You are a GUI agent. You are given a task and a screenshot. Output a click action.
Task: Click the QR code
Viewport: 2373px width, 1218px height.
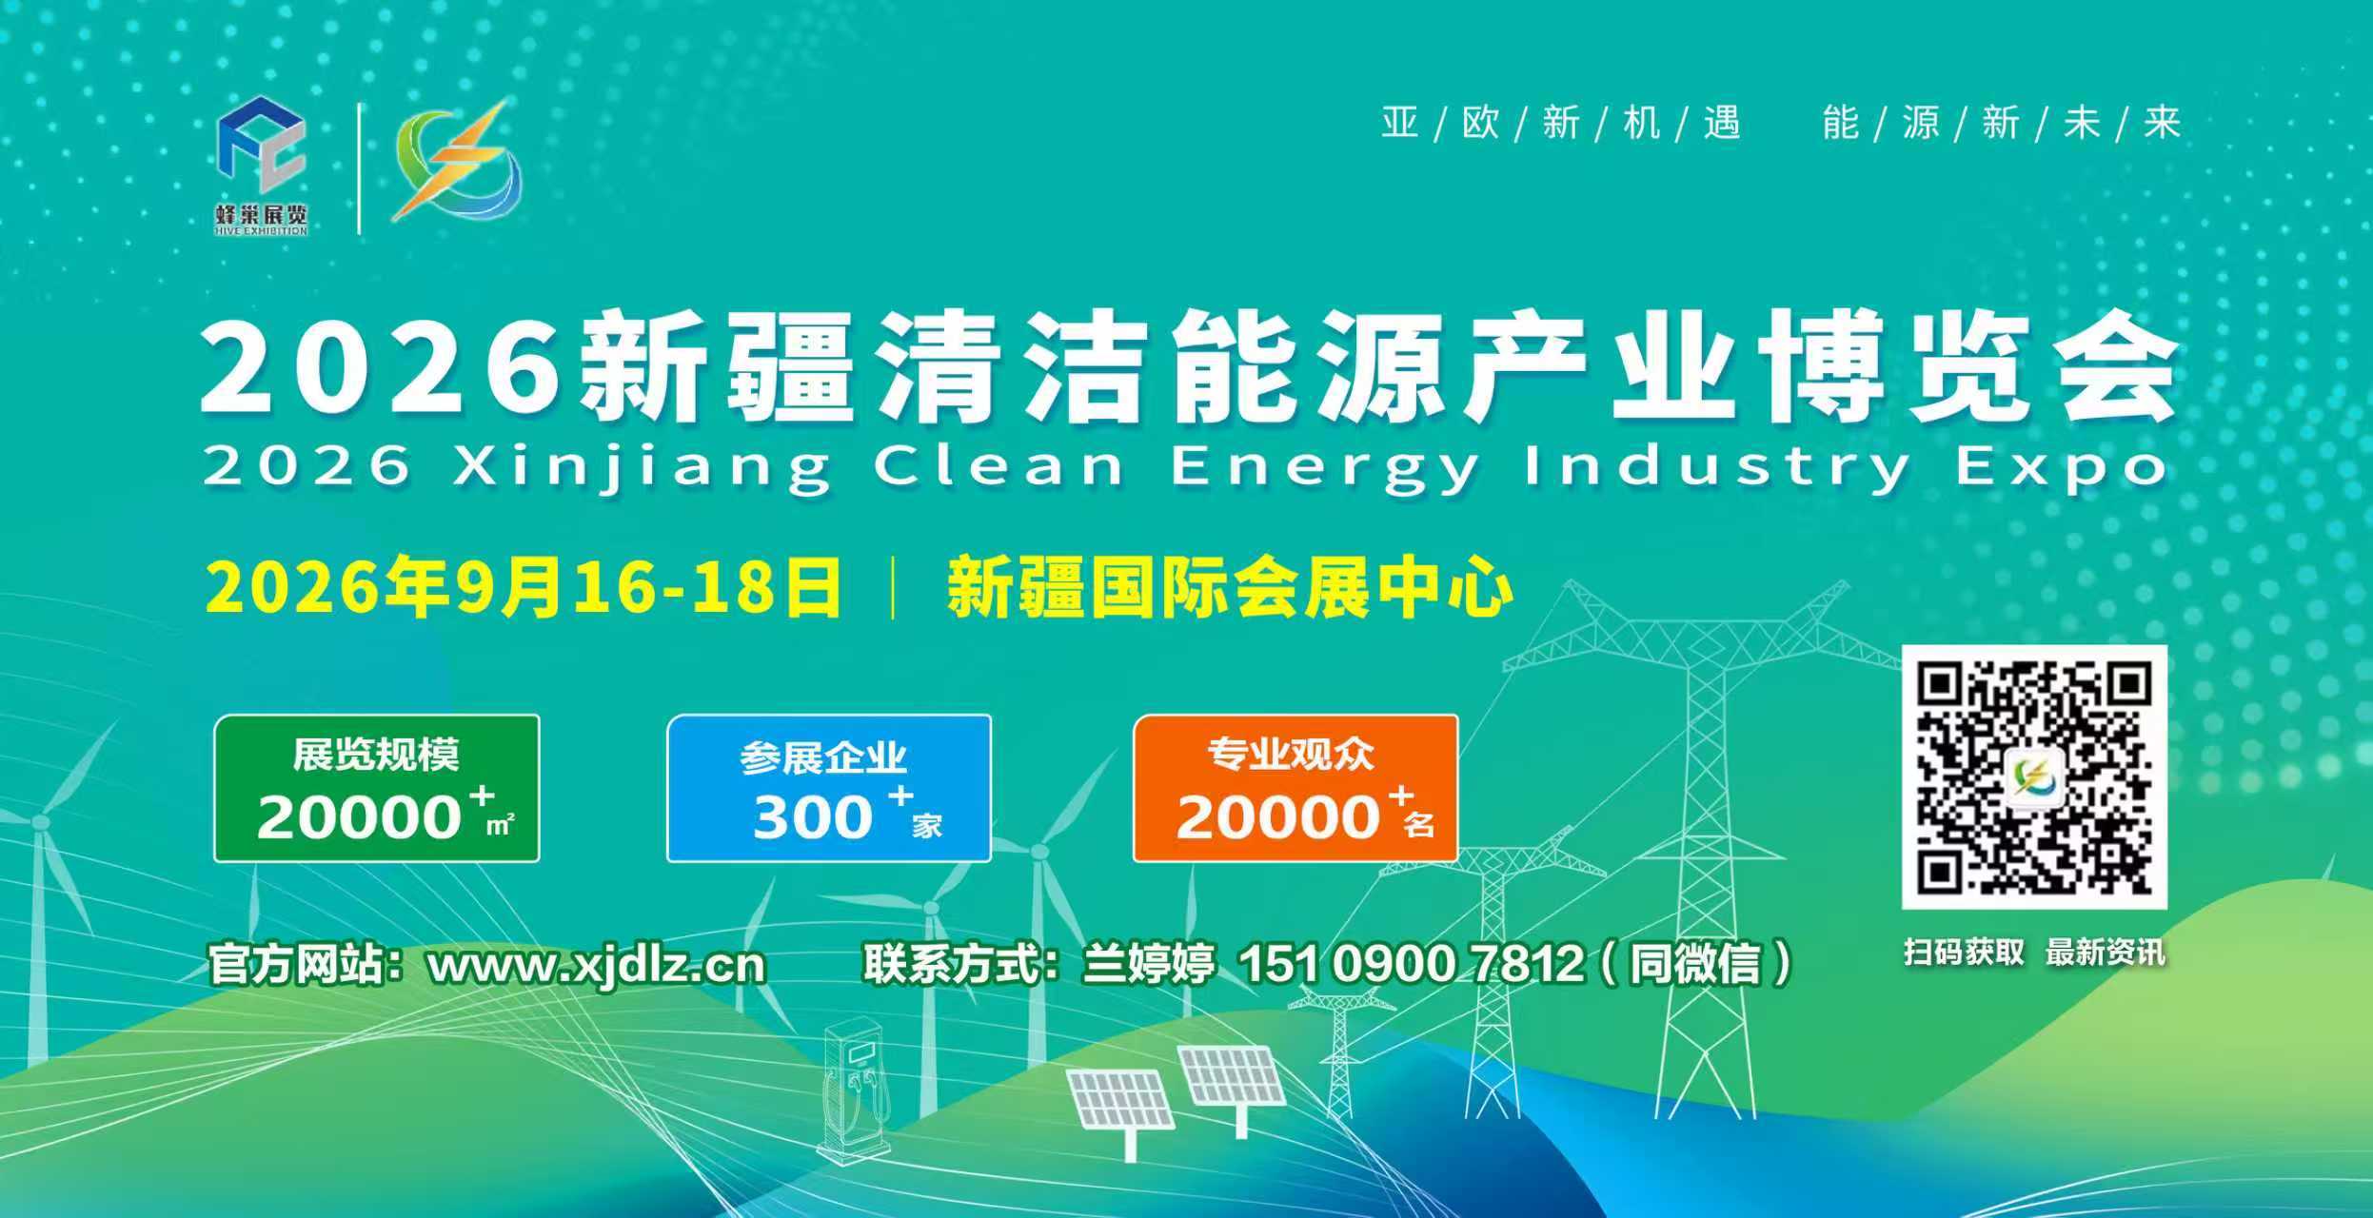2034,776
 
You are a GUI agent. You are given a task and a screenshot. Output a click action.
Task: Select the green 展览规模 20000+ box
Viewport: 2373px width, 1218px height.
377,789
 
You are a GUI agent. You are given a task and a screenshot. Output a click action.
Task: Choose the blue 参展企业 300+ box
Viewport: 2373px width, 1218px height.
829,789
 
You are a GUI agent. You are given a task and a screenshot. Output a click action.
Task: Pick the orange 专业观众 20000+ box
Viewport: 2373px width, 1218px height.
1295,789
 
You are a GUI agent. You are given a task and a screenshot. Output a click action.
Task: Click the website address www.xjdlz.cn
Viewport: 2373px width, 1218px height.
597,966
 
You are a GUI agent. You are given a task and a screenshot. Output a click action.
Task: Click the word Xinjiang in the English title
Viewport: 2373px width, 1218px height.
642,468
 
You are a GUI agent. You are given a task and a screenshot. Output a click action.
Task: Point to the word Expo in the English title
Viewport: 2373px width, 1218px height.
2063,468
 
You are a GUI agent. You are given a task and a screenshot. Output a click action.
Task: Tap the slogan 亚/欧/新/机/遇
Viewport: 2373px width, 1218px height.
1561,123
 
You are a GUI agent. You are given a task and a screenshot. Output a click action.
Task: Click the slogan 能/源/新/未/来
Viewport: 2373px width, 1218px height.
2002,123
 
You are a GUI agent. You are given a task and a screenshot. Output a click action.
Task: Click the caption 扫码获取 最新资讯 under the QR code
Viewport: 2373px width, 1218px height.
2034,953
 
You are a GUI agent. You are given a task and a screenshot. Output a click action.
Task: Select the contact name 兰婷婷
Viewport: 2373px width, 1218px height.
1149,964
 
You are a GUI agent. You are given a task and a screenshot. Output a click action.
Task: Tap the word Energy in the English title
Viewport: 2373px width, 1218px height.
1324,468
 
